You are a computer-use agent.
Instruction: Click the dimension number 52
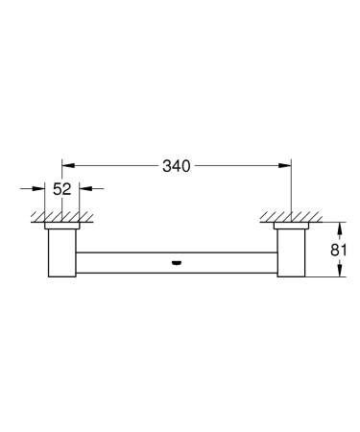62,190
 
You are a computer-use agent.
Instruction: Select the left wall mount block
62,253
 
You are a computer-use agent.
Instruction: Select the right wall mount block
292,253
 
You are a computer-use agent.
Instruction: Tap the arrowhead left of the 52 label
42,190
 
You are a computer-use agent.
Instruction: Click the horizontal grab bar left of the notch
125,260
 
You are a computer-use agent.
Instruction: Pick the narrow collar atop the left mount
62,227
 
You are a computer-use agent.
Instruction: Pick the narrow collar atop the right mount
292,227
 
